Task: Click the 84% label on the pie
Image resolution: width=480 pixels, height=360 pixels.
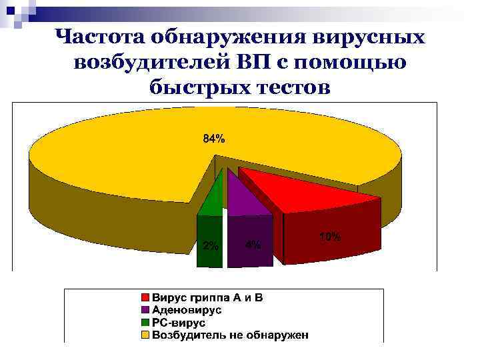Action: tap(214, 139)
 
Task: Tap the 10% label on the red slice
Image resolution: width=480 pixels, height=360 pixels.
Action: tap(331, 237)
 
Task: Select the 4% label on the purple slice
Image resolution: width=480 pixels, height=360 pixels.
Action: tap(253, 245)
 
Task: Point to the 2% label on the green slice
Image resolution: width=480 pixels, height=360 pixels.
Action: tap(211, 245)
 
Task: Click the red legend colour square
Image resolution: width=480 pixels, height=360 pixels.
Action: tap(145, 297)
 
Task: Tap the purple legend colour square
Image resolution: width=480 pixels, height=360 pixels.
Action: tap(145, 310)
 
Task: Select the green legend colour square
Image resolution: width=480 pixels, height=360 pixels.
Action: tap(145, 323)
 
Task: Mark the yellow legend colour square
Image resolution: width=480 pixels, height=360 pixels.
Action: tap(145, 335)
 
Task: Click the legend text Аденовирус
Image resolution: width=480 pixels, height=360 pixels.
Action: tap(187, 310)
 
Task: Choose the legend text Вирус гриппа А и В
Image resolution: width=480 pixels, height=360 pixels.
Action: tap(208, 297)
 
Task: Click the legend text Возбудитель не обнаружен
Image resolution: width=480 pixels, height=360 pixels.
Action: tap(231, 335)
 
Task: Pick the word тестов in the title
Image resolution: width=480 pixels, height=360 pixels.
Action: tap(292, 87)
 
